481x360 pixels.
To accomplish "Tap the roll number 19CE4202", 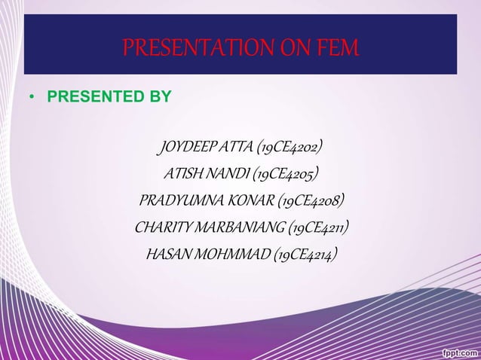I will pos(290,146).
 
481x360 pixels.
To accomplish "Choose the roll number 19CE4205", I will pos(286,174).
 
